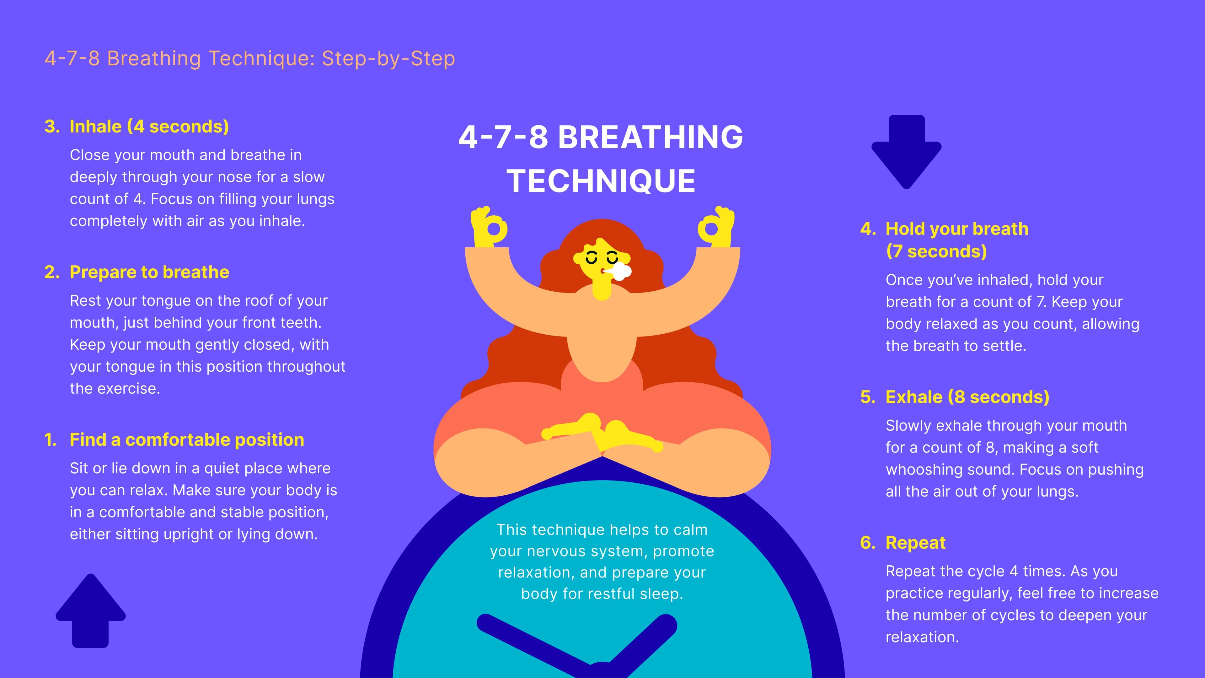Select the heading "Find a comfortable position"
187,439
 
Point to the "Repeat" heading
915,542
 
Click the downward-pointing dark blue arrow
907,152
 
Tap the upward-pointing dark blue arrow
91,611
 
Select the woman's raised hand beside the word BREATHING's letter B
489,227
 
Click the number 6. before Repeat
868,542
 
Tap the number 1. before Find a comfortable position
50,439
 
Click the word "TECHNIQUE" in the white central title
601,181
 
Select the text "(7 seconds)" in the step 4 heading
936,251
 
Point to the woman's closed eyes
602,258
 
